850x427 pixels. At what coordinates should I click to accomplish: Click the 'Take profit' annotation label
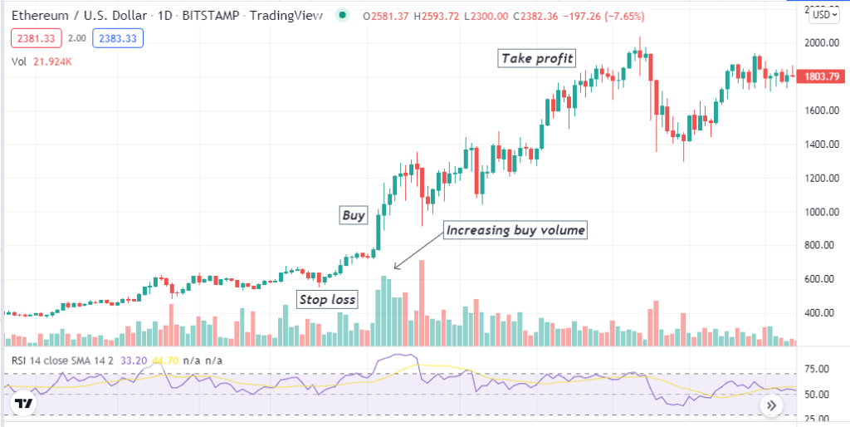click(538, 58)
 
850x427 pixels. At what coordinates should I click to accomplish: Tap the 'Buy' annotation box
click(354, 215)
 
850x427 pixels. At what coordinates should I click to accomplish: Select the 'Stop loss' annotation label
click(327, 299)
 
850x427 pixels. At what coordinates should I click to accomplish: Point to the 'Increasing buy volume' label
click(515, 230)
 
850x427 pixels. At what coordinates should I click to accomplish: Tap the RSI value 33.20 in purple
click(134, 361)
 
